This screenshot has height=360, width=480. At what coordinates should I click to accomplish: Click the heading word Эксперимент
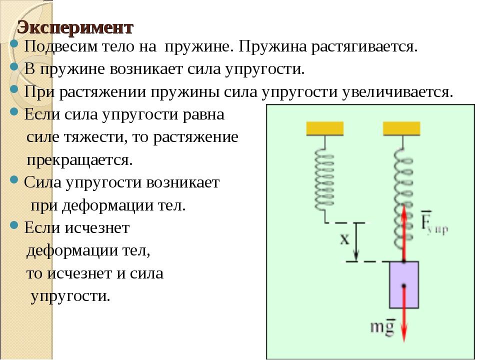[x=75, y=27]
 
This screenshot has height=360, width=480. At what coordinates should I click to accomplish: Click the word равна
[x=203, y=115]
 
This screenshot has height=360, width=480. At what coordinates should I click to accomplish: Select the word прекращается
[x=79, y=160]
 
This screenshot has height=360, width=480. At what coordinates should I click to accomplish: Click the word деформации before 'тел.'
[x=107, y=205]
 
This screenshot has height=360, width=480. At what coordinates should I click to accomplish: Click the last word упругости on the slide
[x=70, y=296]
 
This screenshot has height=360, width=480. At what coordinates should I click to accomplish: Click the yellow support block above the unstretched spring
[x=325, y=128]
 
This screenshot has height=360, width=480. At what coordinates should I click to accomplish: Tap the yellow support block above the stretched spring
[x=401, y=128]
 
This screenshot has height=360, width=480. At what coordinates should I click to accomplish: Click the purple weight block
[x=404, y=284]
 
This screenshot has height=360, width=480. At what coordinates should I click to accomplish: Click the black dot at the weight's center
[x=404, y=286]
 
